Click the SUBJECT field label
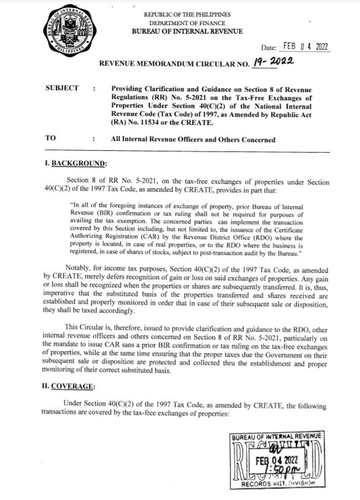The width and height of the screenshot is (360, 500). coord(63,89)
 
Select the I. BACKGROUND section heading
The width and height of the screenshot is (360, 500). coord(77,164)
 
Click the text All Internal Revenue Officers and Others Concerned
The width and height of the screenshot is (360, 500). coord(193,140)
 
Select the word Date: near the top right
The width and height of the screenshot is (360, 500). coord(270,48)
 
